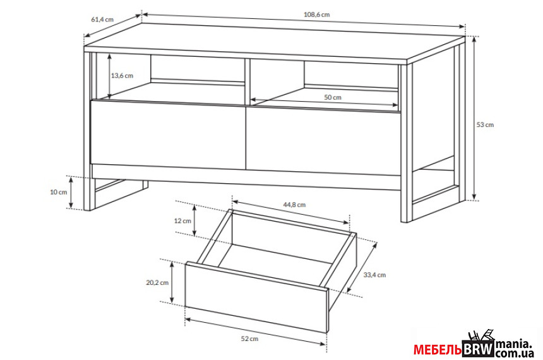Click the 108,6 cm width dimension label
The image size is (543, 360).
coord(316,15)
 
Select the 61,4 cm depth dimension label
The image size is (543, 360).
coord(102,20)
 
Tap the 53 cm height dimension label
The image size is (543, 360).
coord(485,124)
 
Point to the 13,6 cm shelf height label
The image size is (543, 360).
coord(122,76)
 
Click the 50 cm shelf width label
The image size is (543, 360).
coord(333,97)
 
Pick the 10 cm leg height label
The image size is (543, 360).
coord(59,192)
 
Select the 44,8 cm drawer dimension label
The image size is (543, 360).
coord(294,205)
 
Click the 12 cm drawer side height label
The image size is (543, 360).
coord(182,220)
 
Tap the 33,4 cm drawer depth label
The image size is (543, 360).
coord(374,275)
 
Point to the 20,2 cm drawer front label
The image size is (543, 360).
coord(157,283)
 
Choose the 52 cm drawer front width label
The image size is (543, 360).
coord(249,339)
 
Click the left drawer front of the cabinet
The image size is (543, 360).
coord(168,135)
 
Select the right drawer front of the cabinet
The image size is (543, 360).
coord(323,140)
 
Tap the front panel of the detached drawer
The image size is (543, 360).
coord(256,297)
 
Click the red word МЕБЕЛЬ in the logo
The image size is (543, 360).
coord(438,350)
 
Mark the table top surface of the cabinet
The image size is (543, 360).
coord(273,42)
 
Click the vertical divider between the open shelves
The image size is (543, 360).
coord(248,81)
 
